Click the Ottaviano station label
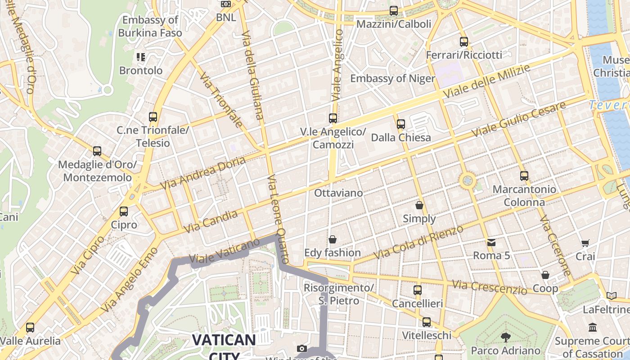[338, 193]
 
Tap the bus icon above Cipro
[124, 211]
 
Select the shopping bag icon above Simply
[419, 205]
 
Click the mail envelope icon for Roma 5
[491, 243]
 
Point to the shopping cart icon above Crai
[585, 243]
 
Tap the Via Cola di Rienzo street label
[418, 243]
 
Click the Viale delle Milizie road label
[487, 81]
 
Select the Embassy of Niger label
[392, 78]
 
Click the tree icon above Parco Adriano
[506, 337]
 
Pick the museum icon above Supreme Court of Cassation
[593, 328]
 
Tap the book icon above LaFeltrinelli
[611, 296]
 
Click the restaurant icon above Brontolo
[141, 57]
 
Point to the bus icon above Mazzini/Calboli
[394, 10]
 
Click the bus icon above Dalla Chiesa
[400, 124]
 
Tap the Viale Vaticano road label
[225, 251]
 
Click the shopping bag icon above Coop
[545, 275]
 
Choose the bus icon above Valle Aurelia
[30, 328]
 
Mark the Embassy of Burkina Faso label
[150, 27]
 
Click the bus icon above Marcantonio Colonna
[524, 176]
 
